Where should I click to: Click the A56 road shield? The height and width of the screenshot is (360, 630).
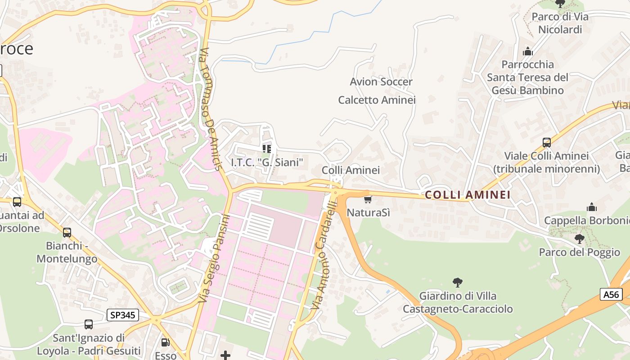tap(611, 295)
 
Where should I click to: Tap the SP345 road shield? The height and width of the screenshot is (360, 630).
tap(122, 315)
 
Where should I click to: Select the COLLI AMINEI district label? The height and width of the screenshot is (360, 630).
tap(468, 195)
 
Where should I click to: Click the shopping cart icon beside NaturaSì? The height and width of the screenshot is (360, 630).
tap(368, 199)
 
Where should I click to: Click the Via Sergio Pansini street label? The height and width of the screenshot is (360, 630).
tap(214, 258)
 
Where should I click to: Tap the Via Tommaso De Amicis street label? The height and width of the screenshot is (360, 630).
tap(211, 109)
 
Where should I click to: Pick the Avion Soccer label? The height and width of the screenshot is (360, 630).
tap(381, 82)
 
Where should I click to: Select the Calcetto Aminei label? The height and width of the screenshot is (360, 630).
tap(377, 100)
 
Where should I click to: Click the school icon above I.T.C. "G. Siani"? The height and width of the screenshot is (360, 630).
tap(267, 148)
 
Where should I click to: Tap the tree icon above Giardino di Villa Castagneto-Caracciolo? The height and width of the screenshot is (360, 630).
tap(458, 283)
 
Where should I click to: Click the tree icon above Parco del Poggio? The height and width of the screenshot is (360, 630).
tap(580, 238)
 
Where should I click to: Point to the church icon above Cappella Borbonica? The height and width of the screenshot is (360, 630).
tap(592, 207)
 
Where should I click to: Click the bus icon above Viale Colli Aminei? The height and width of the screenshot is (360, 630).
tap(546, 143)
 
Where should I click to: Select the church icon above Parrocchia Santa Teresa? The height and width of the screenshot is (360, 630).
tap(528, 51)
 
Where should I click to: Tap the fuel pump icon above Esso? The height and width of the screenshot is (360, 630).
tap(166, 342)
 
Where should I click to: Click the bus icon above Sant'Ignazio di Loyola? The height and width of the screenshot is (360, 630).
tap(89, 324)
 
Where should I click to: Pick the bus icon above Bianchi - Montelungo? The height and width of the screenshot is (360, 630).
tap(67, 233)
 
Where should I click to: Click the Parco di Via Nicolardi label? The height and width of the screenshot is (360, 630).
tap(560, 23)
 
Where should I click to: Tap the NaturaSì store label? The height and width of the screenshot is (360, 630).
tap(369, 212)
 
